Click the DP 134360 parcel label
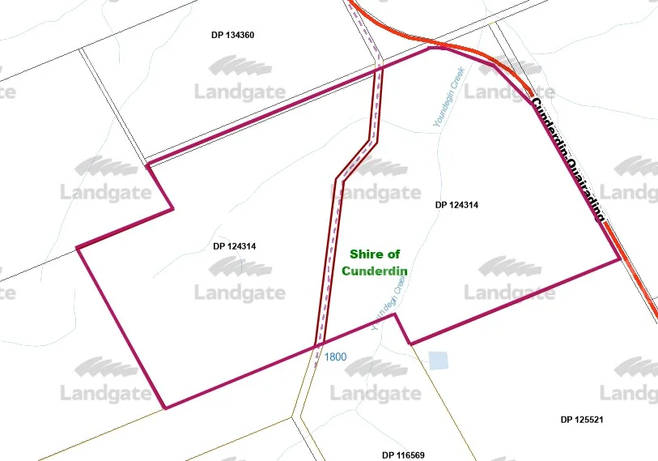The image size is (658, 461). click(233, 35)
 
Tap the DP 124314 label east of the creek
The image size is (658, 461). click(456, 206)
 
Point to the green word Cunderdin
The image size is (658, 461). click(373, 271)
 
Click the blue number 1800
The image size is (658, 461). click(336, 356)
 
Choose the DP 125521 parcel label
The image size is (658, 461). click(582, 420)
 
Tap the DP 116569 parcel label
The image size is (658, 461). click(403, 455)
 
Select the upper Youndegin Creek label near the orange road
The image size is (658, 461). click(446, 96)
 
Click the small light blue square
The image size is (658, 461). click(437, 361)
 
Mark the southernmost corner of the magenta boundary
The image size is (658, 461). click(165, 408)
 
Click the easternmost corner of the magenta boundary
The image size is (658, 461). click(620, 258)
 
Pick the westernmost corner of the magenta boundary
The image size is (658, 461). click(77, 247)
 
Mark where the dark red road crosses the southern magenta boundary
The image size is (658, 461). click(316, 347)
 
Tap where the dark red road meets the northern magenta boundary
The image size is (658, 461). click(379, 69)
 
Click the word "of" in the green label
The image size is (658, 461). click(393, 254)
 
